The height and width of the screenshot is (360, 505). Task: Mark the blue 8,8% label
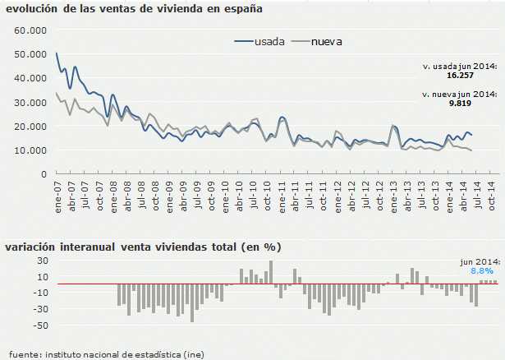(x=482, y=270)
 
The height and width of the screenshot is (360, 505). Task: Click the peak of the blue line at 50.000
(x=57, y=53)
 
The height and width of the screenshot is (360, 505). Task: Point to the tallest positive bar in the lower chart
(x=271, y=273)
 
